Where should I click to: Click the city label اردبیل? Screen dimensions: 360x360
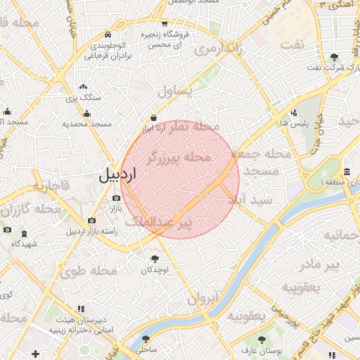(112, 176)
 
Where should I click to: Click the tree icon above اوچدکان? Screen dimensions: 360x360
(155, 259)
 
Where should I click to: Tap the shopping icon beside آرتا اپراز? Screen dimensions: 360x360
(153, 117)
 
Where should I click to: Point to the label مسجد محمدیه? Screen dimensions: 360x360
(87, 124)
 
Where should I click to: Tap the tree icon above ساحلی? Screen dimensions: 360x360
(146, 338)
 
